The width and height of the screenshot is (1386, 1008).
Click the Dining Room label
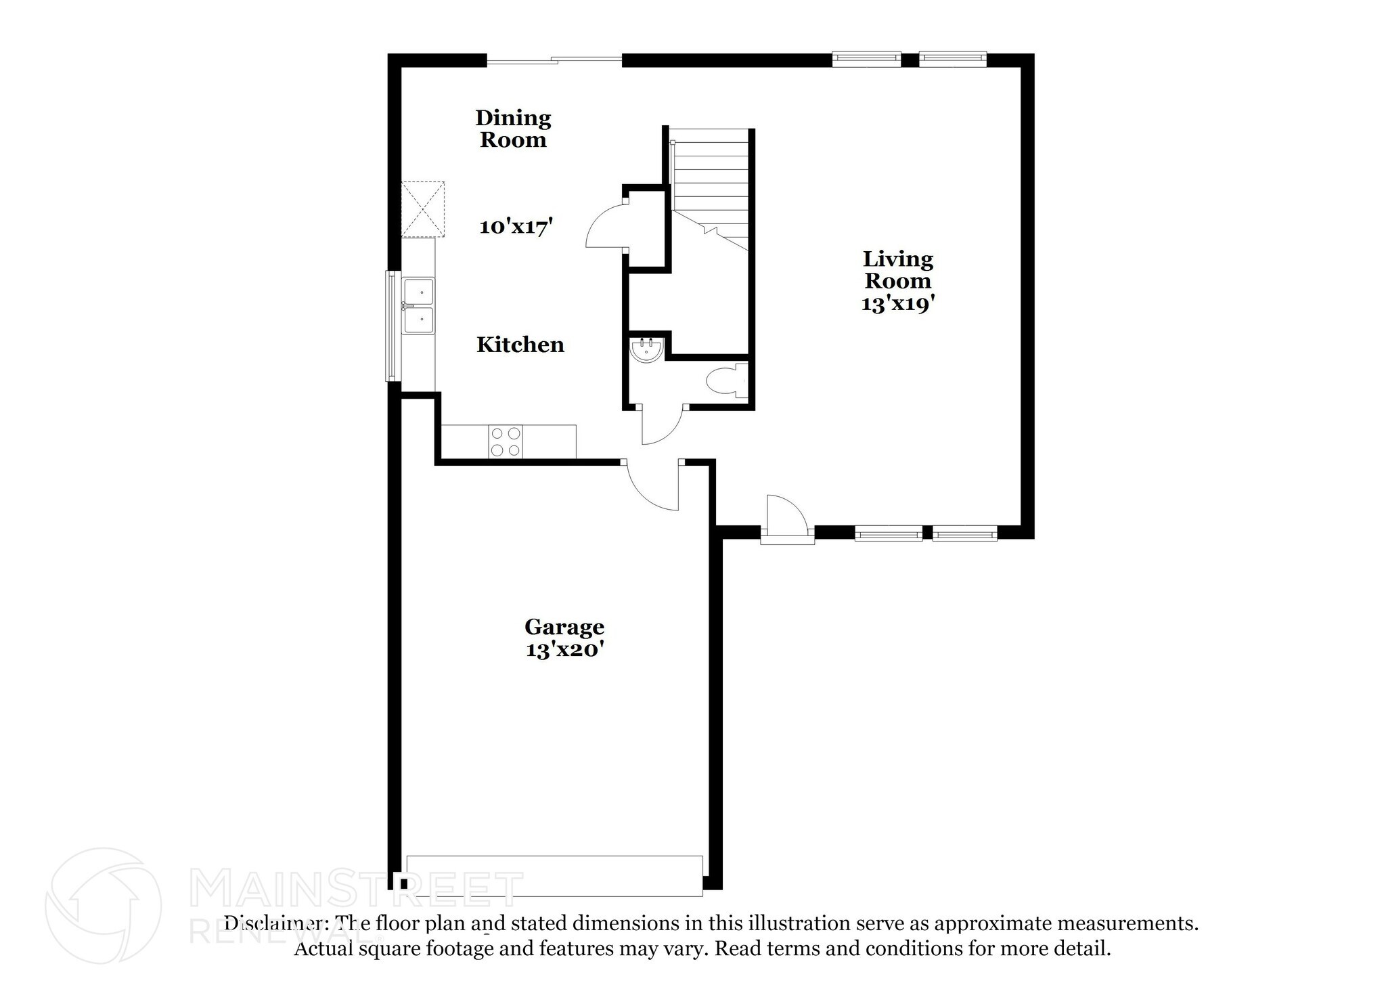pos(513,129)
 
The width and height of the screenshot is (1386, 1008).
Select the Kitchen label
pos(520,345)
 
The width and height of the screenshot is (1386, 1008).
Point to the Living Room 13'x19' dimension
pos(898,303)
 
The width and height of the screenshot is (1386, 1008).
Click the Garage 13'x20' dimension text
pos(564,649)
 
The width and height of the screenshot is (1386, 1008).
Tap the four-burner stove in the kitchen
pos(506,441)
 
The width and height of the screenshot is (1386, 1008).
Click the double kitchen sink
pos(419,306)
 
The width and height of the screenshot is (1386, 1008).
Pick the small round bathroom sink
pos(647,350)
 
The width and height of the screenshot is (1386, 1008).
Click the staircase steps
pos(709,190)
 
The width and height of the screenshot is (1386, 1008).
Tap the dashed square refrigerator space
pos(423,209)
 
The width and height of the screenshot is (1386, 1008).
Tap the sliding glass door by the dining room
pos(554,61)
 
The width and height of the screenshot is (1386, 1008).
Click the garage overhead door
pos(555,875)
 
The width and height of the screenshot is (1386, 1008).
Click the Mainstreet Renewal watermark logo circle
pos(104,906)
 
